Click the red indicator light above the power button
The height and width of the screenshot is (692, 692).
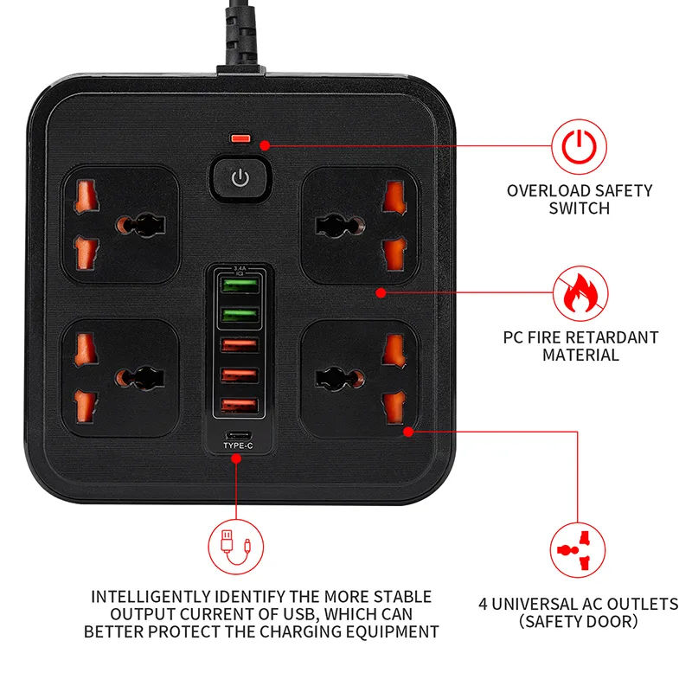coord(240,138)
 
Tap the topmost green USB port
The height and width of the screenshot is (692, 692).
coord(240,285)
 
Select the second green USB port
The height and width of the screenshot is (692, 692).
coord(240,315)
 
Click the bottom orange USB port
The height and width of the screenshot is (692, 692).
coord(240,406)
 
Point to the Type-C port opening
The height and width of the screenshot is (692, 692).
coord(239,436)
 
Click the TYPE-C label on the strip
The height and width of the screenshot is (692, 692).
coord(239,445)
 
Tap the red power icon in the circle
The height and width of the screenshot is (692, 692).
coord(579,147)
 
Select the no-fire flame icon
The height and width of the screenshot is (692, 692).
coord(580,293)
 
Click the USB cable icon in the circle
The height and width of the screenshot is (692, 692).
coord(235,547)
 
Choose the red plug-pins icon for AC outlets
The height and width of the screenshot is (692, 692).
coord(577,550)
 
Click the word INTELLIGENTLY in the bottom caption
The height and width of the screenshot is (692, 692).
coord(151,597)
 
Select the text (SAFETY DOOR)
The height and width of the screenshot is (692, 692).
coord(578,622)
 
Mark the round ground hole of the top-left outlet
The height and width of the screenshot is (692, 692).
coord(124,225)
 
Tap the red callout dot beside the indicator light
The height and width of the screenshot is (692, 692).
coord(265,145)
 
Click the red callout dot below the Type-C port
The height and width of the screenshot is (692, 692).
coord(236,459)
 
